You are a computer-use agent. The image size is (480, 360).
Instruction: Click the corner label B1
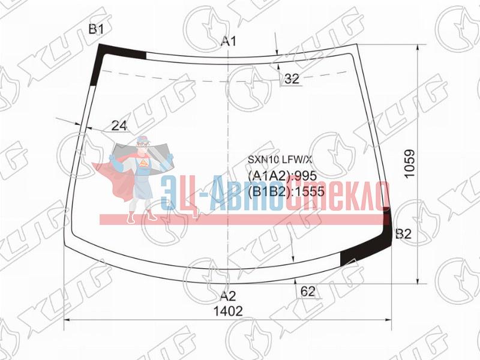coord(97,29)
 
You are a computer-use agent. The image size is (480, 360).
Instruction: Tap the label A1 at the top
coord(229,41)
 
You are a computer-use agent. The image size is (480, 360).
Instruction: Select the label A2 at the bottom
coord(228,296)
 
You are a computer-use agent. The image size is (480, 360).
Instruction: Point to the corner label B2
coord(403,234)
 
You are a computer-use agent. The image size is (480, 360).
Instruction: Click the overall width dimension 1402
coord(228,311)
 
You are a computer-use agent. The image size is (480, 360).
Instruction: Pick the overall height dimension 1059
coord(409,163)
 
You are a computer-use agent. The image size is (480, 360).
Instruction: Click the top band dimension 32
coord(292,79)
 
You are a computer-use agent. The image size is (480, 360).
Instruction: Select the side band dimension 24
coord(119,125)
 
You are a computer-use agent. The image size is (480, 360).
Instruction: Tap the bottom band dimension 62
coord(308,292)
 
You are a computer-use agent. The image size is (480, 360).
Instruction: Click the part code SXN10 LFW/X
coord(280,159)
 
